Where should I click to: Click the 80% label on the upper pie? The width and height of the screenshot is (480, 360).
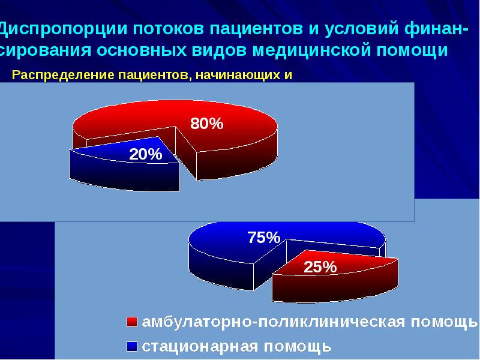point(207,124)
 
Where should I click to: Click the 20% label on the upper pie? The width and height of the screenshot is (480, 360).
point(146,154)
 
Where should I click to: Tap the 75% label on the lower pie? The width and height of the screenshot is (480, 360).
point(264,238)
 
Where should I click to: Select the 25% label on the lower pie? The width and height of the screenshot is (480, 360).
point(320,267)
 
